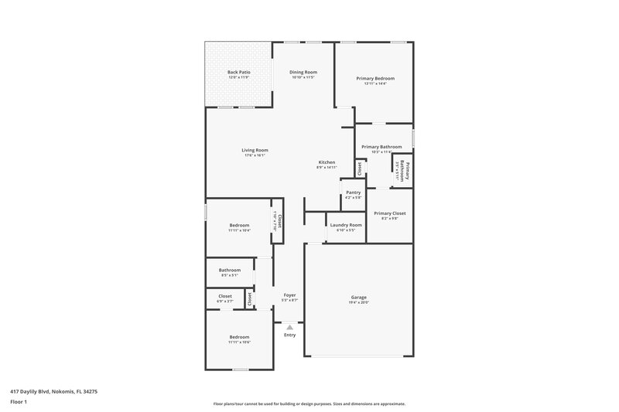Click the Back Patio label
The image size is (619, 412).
point(238,72)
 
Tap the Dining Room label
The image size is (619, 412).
point(303,72)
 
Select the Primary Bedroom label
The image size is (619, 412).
point(375,78)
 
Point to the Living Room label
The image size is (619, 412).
point(255,150)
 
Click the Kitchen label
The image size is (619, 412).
point(327,162)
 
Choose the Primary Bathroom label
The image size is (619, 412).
point(381,146)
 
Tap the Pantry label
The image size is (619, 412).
point(353,192)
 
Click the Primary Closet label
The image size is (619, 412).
point(389,213)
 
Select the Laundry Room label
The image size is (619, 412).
point(345,225)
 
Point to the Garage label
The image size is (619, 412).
point(358,297)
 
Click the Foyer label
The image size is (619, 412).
point(289,295)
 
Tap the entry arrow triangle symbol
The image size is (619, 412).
point(289,327)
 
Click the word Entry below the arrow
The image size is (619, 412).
point(289,335)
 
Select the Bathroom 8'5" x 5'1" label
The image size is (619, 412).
point(229,270)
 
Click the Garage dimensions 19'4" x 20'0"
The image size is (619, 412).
point(358,302)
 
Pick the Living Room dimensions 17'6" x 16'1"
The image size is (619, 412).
point(255,155)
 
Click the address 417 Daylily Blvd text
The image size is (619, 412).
point(53,391)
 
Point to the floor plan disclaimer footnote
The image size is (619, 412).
point(309,403)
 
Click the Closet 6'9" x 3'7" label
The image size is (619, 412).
point(225,295)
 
